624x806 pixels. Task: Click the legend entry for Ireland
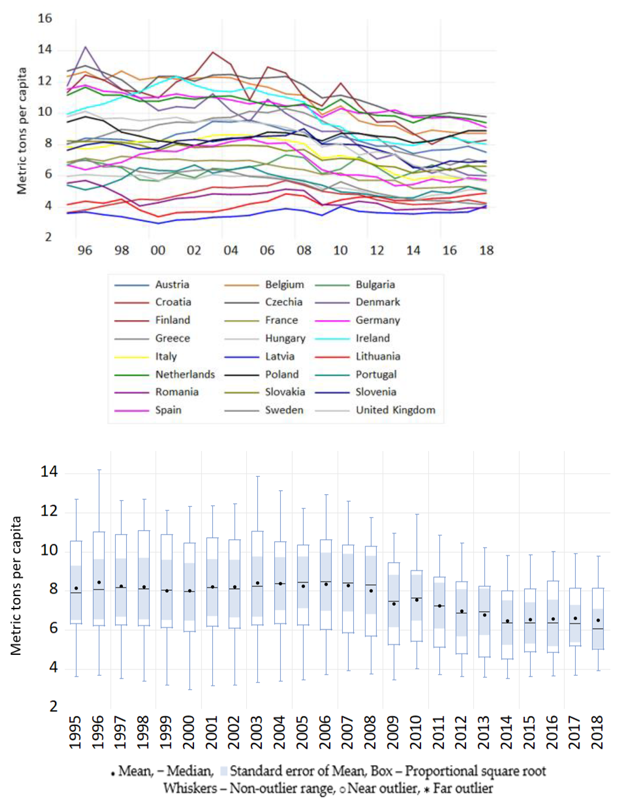(x=372, y=338)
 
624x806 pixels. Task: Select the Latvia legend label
(x=280, y=356)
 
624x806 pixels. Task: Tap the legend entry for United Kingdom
(x=395, y=410)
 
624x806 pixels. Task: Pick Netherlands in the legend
(x=185, y=374)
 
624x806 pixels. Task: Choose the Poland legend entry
(x=282, y=374)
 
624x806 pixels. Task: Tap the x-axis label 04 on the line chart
(x=231, y=250)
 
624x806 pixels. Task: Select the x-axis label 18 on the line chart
(x=486, y=250)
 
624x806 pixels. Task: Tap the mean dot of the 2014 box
(x=507, y=621)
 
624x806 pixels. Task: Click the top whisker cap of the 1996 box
(x=99, y=470)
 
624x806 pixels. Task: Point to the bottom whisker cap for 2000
(x=190, y=689)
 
